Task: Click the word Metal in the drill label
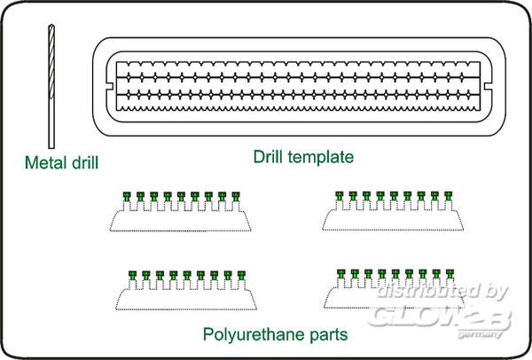click(46, 162)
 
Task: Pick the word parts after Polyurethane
click(329, 335)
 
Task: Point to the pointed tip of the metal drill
click(51, 25)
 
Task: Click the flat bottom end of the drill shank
click(51, 147)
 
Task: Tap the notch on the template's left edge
click(110, 85)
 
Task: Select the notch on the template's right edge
click(488, 87)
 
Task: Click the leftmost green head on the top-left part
click(127, 196)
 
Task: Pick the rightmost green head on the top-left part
click(236, 196)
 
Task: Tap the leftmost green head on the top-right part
click(340, 196)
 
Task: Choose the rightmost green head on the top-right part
click(448, 196)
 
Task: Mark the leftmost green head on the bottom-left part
click(133, 275)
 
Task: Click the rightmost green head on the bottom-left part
click(241, 275)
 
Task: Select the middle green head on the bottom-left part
click(187, 275)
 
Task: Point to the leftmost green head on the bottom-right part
click(341, 273)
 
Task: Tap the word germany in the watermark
click(480, 334)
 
